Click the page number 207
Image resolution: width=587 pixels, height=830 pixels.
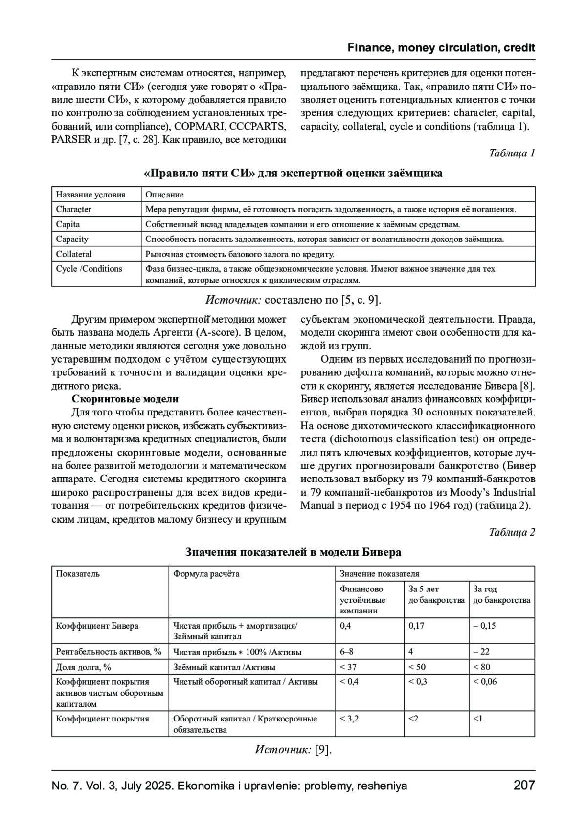[524, 786]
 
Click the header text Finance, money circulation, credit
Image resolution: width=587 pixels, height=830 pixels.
[441, 48]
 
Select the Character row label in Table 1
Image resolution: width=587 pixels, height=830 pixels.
[73, 209]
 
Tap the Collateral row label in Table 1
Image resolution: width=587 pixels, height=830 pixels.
[74, 254]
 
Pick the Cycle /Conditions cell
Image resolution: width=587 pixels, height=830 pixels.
[89, 269]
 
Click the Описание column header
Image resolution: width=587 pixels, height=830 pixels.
[165, 195]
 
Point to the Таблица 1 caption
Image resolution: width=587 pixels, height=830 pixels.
[512, 153]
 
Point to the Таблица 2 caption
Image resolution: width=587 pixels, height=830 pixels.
[512, 532]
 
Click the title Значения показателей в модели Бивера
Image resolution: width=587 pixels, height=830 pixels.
[293, 552]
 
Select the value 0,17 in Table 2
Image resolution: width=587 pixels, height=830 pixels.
[416, 626]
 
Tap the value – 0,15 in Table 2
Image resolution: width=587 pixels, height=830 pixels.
[484, 626]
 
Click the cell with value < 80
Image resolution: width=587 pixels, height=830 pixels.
[481, 667]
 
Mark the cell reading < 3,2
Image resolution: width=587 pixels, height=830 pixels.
[349, 719]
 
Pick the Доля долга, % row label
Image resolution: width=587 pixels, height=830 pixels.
[83, 667]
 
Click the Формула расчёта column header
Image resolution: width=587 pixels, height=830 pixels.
[206, 574]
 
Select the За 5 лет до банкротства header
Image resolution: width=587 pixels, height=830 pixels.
[436, 594]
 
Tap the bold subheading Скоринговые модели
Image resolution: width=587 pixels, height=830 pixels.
[125, 399]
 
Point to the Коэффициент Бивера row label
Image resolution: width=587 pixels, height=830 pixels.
[97, 626]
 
